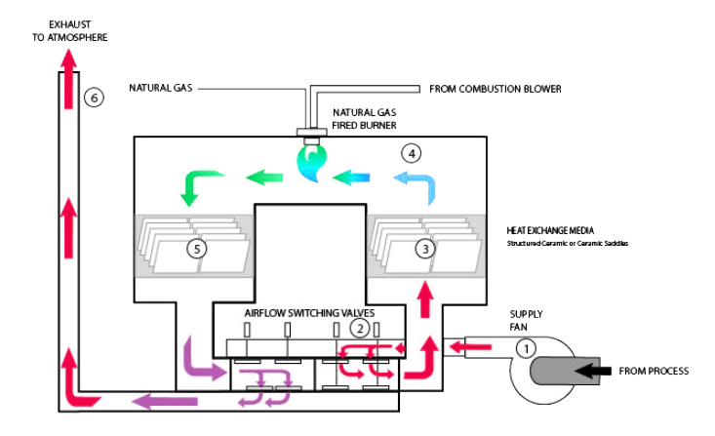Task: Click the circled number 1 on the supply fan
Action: [526, 347]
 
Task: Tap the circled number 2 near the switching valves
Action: [360, 329]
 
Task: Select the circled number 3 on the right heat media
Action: [423, 249]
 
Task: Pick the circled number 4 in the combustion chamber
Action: [413, 153]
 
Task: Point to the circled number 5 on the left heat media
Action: [198, 249]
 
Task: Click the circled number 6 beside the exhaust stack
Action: [93, 97]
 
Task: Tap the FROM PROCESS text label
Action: [654, 372]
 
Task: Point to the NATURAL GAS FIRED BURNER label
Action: [365, 119]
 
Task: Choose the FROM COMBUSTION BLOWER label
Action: [496, 89]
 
